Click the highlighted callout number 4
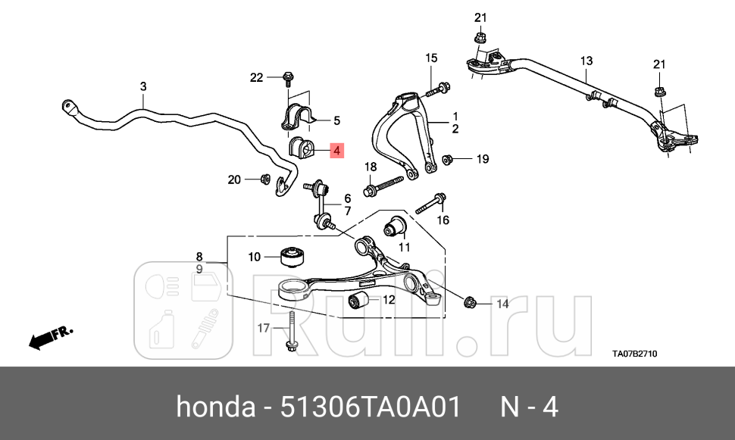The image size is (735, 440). [336, 150]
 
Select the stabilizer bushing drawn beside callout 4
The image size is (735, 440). [301, 148]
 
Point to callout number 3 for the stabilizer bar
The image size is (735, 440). [143, 88]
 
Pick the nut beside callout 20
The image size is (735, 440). [265, 179]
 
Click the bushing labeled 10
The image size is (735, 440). [292, 257]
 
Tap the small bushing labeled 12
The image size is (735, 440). [358, 300]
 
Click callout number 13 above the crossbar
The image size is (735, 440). [586, 61]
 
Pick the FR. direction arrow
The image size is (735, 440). [49, 338]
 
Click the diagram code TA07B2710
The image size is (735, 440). [634, 352]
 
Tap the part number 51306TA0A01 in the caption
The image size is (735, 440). [371, 407]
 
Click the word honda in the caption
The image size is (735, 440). [215, 407]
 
